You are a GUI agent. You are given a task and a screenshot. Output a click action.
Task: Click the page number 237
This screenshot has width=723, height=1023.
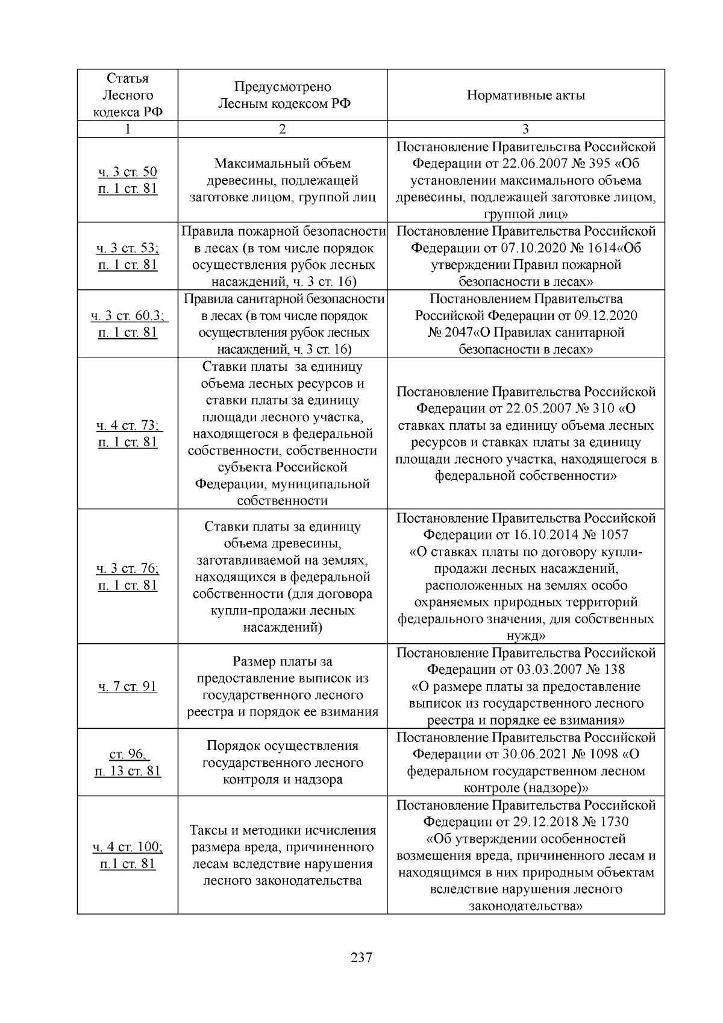point(361,957)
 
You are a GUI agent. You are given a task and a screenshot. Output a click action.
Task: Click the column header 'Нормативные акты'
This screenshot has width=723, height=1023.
point(525,95)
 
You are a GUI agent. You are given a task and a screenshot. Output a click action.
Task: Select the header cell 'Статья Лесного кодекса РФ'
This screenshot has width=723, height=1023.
point(127,95)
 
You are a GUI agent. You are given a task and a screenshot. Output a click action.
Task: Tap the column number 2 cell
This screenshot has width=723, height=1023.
point(282,129)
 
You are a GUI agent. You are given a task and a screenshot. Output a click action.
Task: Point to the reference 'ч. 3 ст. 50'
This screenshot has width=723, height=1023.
point(127,172)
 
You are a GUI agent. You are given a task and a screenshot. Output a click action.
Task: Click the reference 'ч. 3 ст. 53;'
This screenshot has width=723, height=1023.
point(127,248)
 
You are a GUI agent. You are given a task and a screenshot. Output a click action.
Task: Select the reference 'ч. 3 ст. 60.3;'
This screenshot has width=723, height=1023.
point(128,316)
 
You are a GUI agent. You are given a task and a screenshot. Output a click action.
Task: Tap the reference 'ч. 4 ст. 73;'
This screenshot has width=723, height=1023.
point(128,426)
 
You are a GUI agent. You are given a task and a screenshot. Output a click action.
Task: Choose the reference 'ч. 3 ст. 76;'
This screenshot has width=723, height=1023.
point(127,568)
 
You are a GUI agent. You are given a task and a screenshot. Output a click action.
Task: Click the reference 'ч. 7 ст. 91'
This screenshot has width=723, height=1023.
point(127,686)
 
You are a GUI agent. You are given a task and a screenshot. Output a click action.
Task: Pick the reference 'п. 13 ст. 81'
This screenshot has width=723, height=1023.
point(127,771)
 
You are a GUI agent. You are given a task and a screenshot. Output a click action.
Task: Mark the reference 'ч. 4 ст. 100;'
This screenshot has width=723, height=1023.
point(127,847)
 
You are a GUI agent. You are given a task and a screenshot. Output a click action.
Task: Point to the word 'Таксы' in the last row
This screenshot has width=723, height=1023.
point(208,830)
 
